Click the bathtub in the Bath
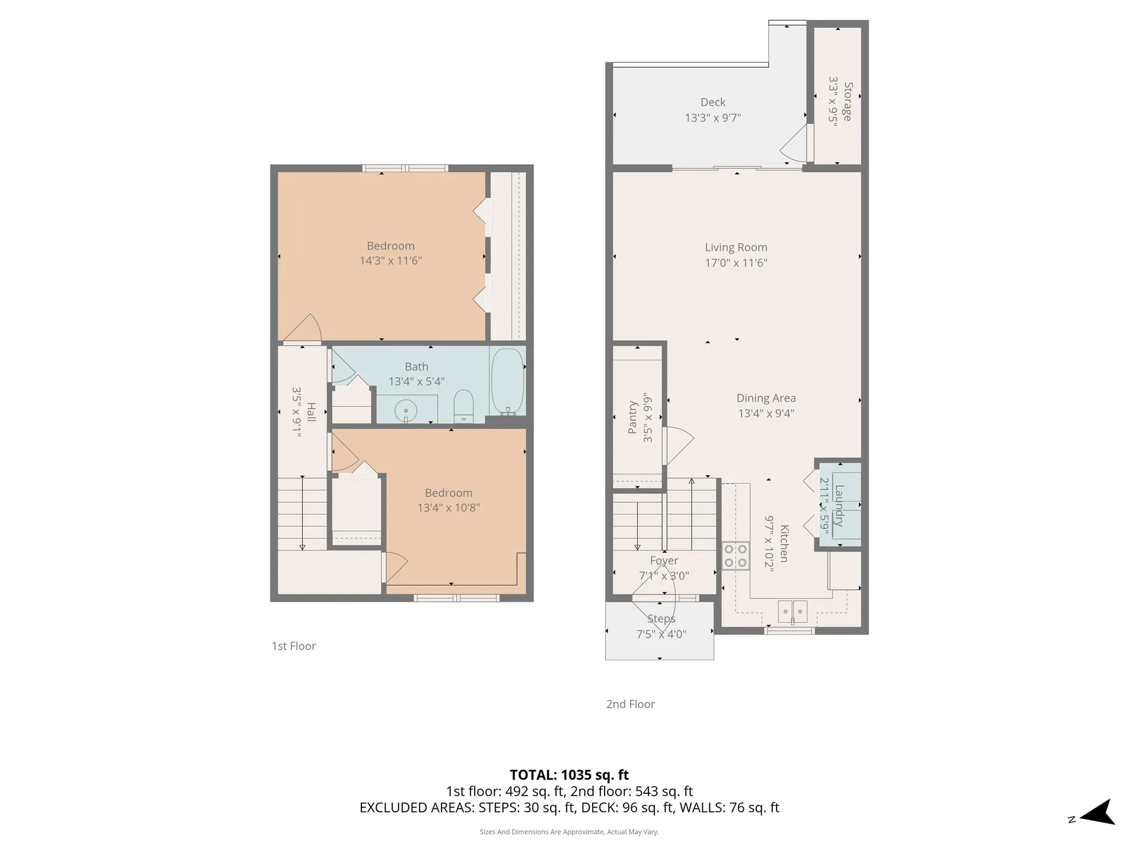coord(507,381)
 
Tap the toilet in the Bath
coord(463,406)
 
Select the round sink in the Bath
coord(406,410)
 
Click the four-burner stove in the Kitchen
coord(735,556)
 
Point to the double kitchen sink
coord(793,611)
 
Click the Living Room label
coord(736,247)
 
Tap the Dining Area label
coord(766,398)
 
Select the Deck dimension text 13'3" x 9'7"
coord(713,118)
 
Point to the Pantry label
coord(632,417)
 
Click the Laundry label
coord(839,506)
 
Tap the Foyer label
coord(664,560)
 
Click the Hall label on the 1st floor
coord(311,412)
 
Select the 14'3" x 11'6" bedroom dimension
coord(391,260)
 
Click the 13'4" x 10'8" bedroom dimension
coord(448,508)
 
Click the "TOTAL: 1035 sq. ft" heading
coord(569,775)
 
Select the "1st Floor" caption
coord(294,646)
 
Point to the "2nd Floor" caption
coord(631,704)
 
